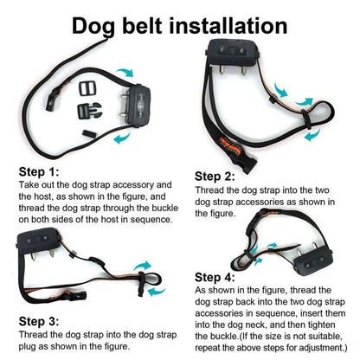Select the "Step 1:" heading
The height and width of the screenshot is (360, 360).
(x=37, y=171)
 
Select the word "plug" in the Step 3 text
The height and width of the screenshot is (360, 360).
(x=29, y=346)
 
